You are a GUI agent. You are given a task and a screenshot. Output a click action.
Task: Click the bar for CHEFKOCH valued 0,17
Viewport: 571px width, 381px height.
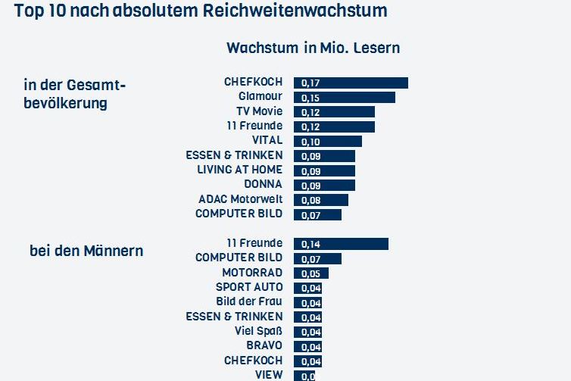click(x=351, y=83)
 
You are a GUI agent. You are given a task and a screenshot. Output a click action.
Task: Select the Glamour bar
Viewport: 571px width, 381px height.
click(x=345, y=97)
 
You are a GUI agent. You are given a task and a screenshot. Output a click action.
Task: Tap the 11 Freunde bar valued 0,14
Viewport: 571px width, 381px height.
click(x=341, y=243)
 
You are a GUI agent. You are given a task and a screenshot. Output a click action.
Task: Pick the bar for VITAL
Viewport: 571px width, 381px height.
click(x=328, y=141)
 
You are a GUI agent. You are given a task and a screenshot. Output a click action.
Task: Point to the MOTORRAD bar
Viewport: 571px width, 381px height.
click(x=311, y=273)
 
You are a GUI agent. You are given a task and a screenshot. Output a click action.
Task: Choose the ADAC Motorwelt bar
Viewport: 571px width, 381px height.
click(x=321, y=199)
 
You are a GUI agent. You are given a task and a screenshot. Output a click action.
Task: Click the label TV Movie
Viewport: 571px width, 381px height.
click(x=257, y=111)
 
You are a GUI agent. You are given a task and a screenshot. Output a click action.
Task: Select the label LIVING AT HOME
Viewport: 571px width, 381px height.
click(x=239, y=170)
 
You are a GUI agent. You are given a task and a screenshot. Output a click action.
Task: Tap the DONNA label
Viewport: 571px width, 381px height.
click(x=263, y=184)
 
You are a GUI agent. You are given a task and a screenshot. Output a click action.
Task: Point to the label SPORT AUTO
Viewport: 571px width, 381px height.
click(x=249, y=287)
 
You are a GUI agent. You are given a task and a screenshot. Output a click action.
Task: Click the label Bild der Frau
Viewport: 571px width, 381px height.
click(x=249, y=301)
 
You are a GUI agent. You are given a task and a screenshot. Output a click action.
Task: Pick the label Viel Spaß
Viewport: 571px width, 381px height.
click(x=258, y=331)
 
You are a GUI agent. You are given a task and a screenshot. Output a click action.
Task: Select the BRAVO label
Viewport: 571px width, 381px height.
click(x=264, y=346)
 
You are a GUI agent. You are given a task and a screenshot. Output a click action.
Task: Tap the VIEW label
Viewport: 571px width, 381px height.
click(x=269, y=375)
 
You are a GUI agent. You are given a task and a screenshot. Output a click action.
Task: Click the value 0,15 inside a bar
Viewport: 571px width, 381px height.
click(x=310, y=98)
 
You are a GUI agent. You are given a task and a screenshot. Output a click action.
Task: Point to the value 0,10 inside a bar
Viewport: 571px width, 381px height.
click(x=310, y=142)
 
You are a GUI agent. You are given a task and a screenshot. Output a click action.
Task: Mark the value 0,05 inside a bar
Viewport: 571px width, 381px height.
click(x=310, y=273)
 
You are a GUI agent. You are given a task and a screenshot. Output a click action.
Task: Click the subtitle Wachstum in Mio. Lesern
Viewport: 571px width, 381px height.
click(x=313, y=48)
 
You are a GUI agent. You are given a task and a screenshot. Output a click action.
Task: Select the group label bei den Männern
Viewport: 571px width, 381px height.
click(x=86, y=250)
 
